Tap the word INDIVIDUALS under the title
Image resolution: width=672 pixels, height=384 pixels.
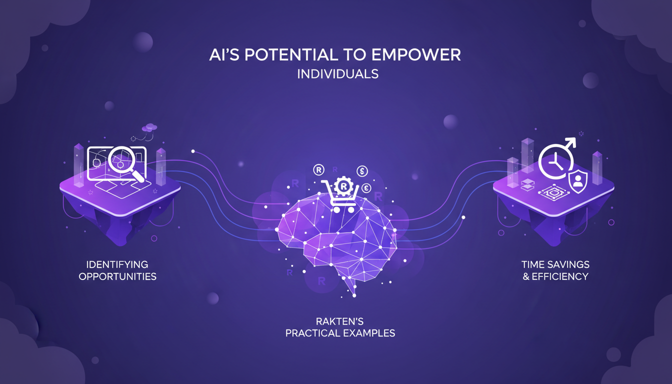click(x=337, y=74)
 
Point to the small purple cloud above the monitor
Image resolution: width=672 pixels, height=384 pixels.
click(x=149, y=128)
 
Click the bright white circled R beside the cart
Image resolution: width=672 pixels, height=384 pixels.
click(x=318, y=170)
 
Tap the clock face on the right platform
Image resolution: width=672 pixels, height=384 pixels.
click(x=553, y=161)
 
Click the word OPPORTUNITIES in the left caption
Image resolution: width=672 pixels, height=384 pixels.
click(x=117, y=276)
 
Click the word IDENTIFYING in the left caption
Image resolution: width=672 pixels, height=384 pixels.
click(x=117, y=264)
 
